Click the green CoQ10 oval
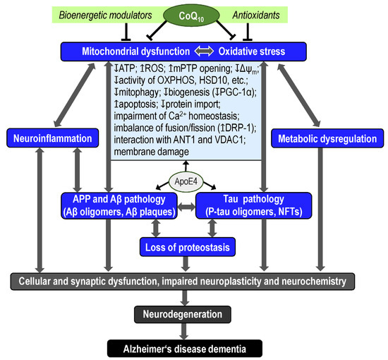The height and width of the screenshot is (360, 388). (194, 14)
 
